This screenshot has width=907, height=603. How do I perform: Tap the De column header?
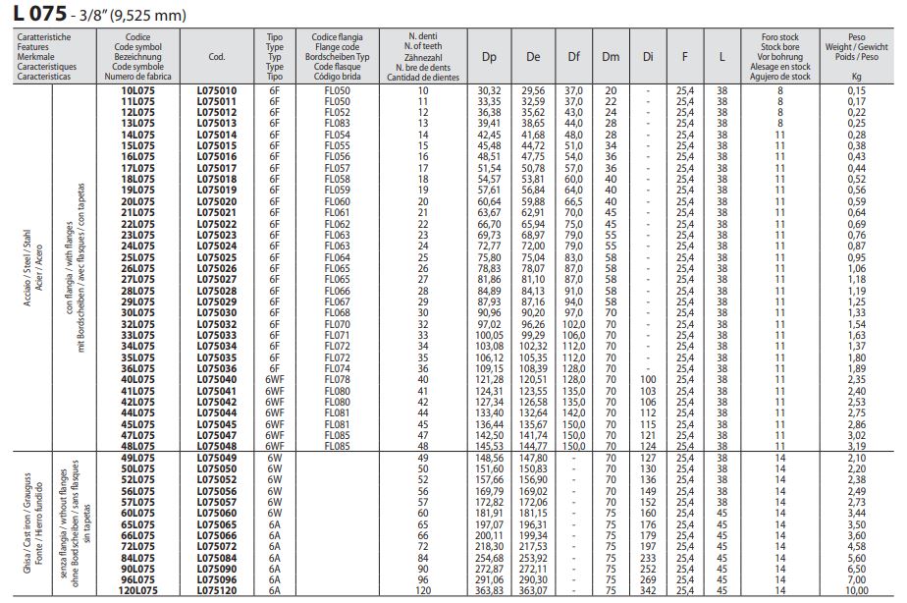(533, 57)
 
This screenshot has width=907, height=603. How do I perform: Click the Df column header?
(574, 57)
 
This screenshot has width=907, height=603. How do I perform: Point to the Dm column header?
(611, 57)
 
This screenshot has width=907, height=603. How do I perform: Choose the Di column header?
(647, 57)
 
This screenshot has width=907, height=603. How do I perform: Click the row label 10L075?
(137, 90)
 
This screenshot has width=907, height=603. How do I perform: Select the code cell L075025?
(224, 258)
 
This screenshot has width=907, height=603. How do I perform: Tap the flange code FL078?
(337, 379)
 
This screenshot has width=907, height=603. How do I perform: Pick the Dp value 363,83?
(489, 589)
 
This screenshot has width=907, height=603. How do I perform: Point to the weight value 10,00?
(856, 589)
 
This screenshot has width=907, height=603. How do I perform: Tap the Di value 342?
(647, 589)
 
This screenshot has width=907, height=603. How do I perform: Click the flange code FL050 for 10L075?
(337, 90)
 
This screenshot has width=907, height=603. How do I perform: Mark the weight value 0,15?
(856, 90)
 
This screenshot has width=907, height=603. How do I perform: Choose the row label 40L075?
(137, 379)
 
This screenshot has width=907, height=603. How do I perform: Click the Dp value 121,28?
(489, 379)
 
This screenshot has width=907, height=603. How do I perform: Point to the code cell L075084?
(224, 557)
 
